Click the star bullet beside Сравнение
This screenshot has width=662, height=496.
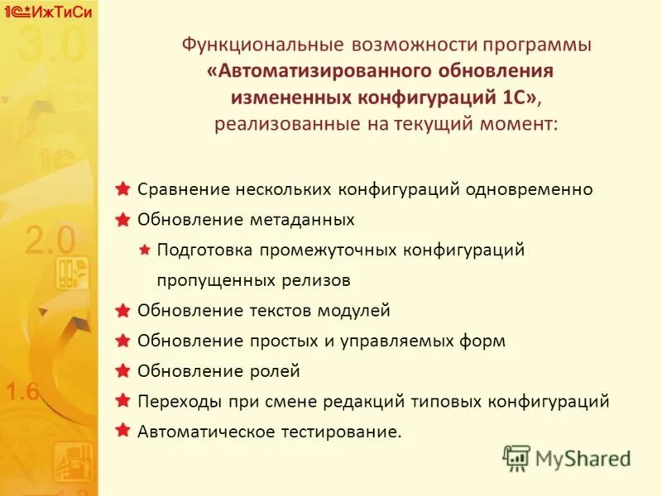pyautogui.click(x=122, y=188)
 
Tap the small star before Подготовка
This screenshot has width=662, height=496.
pyautogui.click(x=144, y=249)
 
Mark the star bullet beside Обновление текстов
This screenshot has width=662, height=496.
pyautogui.click(x=122, y=310)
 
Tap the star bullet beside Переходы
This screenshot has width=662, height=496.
pyautogui.click(x=122, y=401)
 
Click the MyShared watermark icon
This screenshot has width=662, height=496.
pyautogui.click(x=516, y=457)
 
